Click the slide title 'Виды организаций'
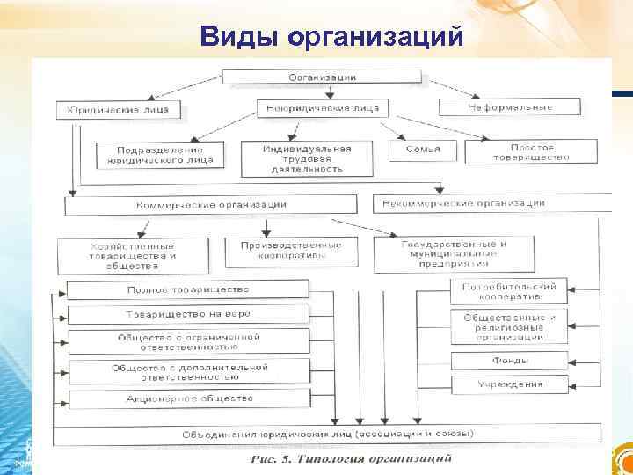[x=331, y=36]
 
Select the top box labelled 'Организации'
[x=323, y=77]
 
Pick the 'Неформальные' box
[x=510, y=107]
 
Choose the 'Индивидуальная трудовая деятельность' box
[x=307, y=158]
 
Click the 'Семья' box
[x=423, y=150]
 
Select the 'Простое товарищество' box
[x=532, y=152]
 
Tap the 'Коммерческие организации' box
[x=211, y=204]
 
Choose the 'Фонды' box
[x=510, y=360]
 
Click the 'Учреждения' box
[x=510, y=384]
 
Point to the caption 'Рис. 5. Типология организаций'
[x=351, y=458]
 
